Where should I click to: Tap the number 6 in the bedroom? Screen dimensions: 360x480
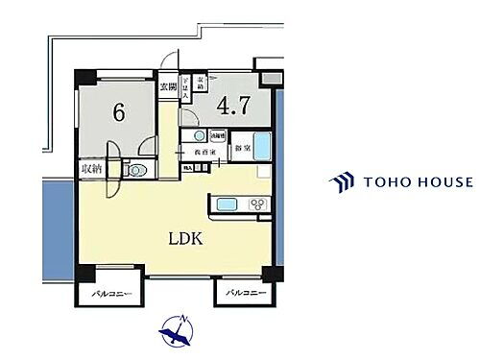pos(119,112)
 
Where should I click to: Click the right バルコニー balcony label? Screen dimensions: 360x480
pos(246,292)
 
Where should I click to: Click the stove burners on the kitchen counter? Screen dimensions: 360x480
pos(256,204)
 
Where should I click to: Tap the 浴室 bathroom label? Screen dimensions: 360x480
pos(243,149)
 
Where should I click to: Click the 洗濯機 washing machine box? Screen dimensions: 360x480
pos(218,135)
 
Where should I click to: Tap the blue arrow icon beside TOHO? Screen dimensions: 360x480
pos(341,181)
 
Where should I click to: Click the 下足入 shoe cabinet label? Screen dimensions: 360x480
pos(187,88)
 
